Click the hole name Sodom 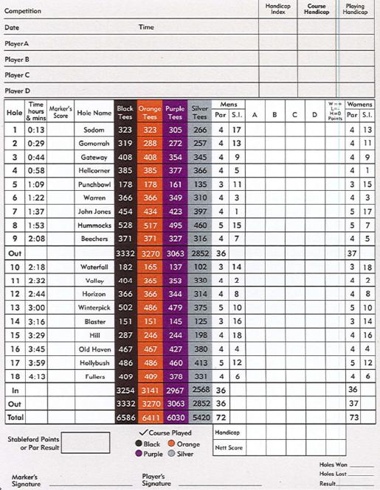coord(94,130)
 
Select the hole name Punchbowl coord(94,184)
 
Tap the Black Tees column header coord(125,113)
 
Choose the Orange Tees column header coord(150,113)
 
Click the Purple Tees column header coord(175,113)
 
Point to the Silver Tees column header coord(199,113)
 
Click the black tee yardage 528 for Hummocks coord(125,225)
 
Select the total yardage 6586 coord(125,416)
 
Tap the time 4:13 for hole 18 coord(36,376)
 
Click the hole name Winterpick coord(94,307)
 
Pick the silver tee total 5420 coord(199,416)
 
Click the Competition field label coord(23,11)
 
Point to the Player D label coord(17,91)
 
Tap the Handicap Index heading coord(277,8)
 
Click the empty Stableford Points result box coord(86,443)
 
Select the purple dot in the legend coord(138,455)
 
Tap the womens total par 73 coord(353,416)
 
